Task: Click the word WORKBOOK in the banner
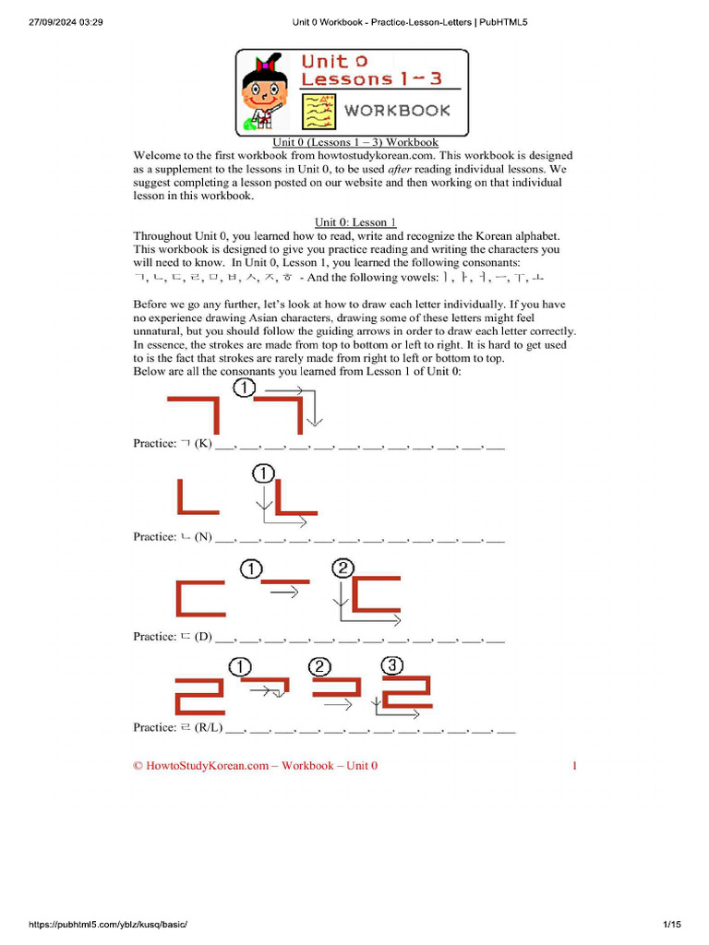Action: (x=397, y=111)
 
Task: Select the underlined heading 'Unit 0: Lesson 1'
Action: (x=354, y=221)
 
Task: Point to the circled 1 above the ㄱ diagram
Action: (x=243, y=389)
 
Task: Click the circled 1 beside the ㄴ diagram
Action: (x=262, y=474)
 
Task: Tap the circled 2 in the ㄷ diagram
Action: (x=342, y=568)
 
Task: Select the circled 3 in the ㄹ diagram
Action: (x=391, y=664)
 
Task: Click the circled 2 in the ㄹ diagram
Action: (x=318, y=666)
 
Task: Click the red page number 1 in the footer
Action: (x=574, y=766)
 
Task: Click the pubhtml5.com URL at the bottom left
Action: (x=102, y=925)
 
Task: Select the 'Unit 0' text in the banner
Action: (x=326, y=63)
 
